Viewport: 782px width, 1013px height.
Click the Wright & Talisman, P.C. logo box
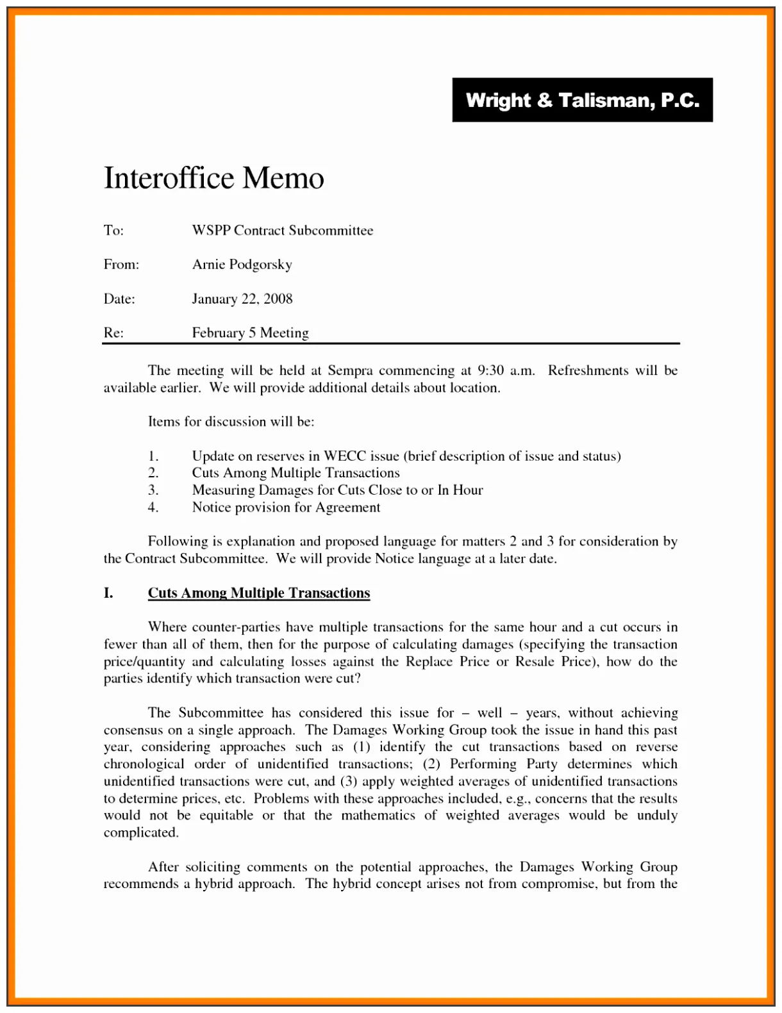click(x=582, y=100)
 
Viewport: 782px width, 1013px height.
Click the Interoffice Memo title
click(x=214, y=178)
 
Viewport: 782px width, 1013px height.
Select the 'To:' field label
click(x=114, y=231)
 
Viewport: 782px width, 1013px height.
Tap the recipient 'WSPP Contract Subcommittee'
click(x=282, y=231)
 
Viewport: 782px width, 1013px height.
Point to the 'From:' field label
click(x=121, y=265)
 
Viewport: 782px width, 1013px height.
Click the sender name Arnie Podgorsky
click(x=242, y=265)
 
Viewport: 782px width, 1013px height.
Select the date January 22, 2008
click(x=242, y=299)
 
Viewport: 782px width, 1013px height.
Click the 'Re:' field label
click(x=113, y=333)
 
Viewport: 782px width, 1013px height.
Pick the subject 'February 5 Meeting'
click(x=250, y=333)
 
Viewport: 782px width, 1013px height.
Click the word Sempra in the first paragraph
click(x=350, y=370)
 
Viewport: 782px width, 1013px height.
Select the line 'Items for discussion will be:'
click(x=231, y=422)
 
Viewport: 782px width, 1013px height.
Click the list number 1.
click(x=153, y=456)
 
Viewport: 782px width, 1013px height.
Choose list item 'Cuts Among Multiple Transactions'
click(x=295, y=473)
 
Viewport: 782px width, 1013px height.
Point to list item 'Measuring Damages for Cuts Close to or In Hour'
click(x=337, y=490)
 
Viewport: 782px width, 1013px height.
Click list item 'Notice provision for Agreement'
click(x=286, y=507)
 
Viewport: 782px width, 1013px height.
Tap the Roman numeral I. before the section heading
click(x=109, y=593)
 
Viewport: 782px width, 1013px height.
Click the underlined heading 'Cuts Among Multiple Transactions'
click(x=259, y=593)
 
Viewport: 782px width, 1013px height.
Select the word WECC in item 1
click(x=345, y=456)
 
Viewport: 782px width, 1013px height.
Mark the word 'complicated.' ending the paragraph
click(x=141, y=833)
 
